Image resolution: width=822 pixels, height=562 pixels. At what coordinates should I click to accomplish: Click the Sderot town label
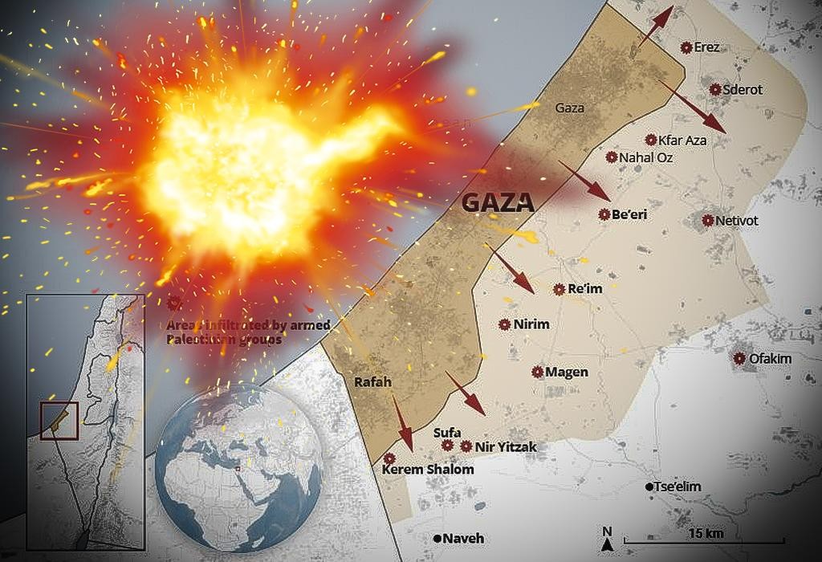pyautogui.click(x=743, y=90)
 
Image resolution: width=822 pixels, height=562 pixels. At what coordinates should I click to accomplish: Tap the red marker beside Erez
pyautogui.click(x=686, y=48)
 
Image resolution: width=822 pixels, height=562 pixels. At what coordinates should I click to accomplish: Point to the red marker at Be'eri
pyautogui.click(x=604, y=214)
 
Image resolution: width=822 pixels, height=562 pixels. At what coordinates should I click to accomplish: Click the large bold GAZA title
pyautogui.click(x=498, y=202)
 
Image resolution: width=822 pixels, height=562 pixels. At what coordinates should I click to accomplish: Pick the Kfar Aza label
pyautogui.click(x=682, y=140)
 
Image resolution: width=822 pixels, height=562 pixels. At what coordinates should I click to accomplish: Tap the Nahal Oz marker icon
pyautogui.click(x=612, y=157)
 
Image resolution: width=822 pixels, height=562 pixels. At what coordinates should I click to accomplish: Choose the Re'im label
pyautogui.click(x=584, y=289)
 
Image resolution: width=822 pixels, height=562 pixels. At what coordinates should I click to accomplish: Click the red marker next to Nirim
pyautogui.click(x=504, y=324)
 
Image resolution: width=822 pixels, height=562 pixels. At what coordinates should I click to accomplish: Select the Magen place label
pyautogui.click(x=567, y=373)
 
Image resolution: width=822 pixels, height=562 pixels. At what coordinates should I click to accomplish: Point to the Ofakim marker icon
pyautogui.click(x=739, y=358)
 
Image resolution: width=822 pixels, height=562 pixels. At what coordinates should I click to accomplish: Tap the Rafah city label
pyautogui.click(x=372, y=382)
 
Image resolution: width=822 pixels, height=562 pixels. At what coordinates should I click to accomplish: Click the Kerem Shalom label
pyautogui.click(x=428, y=470)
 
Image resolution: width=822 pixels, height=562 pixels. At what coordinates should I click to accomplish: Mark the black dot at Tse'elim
pyautogui.click(x=649, y=487)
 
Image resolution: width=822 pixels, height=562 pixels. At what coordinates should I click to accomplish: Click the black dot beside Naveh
pyautogui.click(x=437, y=538)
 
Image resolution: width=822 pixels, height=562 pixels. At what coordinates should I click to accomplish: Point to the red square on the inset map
pyautogui.click(x=59, y=420)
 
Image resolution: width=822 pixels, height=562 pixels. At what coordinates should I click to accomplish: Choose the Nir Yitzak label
pyautogui.click(x=505, y=446)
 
